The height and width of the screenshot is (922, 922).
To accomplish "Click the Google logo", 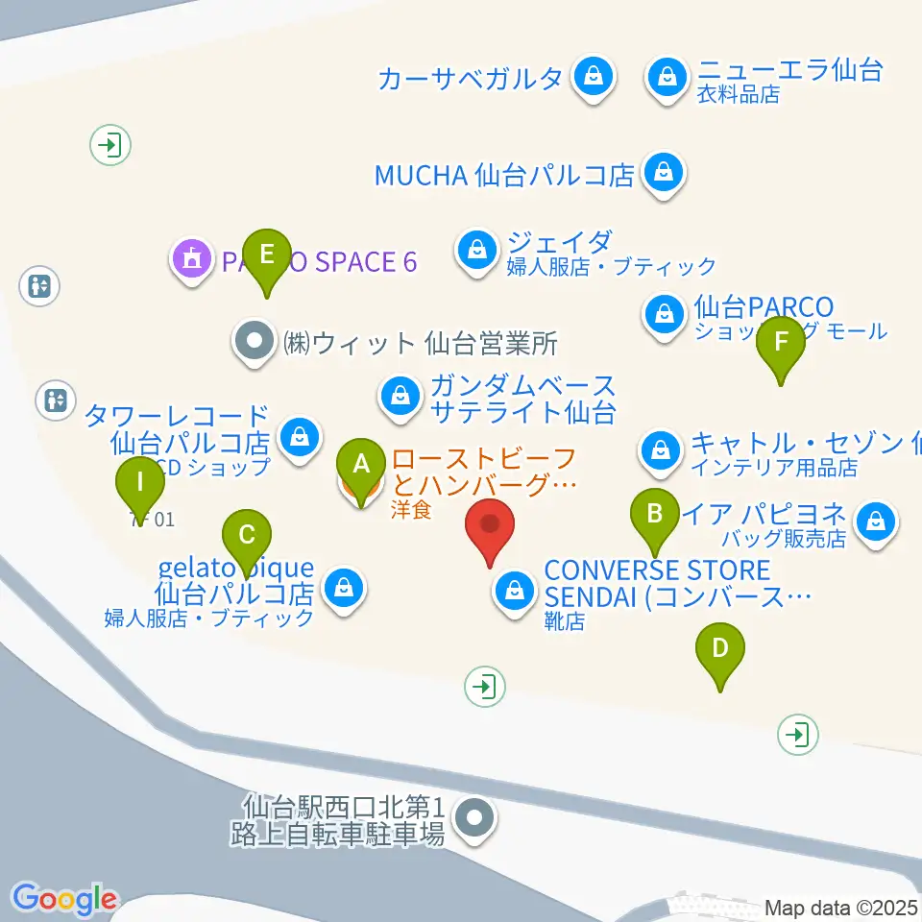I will tap(65, 899).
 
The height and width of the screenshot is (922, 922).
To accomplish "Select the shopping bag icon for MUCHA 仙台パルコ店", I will tap(663, 173).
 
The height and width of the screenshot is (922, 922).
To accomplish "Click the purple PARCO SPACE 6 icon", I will tap(191, 258).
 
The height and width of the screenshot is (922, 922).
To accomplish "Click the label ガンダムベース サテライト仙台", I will tap(522, 400).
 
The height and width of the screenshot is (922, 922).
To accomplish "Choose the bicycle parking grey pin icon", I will tap(473, 819).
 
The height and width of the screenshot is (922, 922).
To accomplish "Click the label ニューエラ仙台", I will tap(789, 70).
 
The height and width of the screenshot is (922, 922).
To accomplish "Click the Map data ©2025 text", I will tap(842, 907).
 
